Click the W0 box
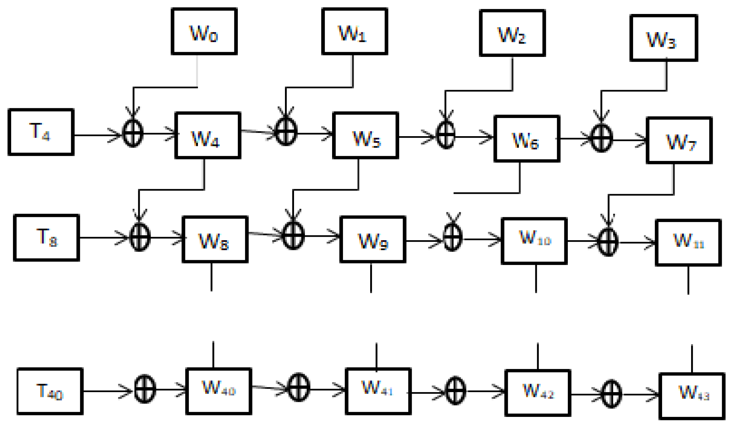[x=204, y=31]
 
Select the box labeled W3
[x=664, y=38]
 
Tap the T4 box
[x=41, y=132]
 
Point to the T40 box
[x=50, y=391]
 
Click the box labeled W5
[x=366, y=135]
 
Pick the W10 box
[x=534, y=241]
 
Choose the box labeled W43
[x=692, y=396]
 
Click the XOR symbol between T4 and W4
[x=133, y=133]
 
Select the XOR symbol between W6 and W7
[x=601, y=139]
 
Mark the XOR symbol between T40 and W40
[x=145, y=389]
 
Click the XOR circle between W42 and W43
[x=611, y=394]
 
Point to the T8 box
[x=46, y=238]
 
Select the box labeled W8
[x=215, y=240]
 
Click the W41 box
[x=378, y=391]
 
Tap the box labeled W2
[x=512, y=33]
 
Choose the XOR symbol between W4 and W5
[x=286, y=132]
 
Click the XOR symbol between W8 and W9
[x=293, y=236]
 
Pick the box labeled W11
[x=688, y=243]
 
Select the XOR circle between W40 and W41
[x=299, y=388]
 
